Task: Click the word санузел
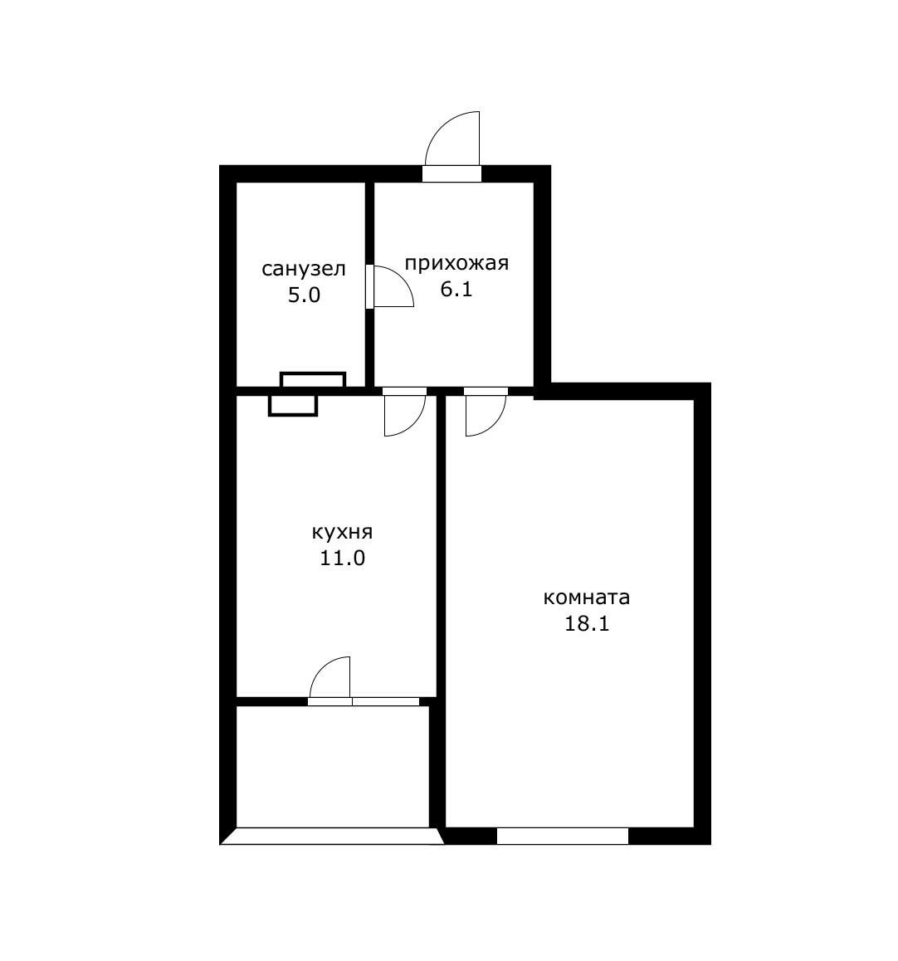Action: pyautogui.click(x=304, y=270)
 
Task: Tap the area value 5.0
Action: pyautogui.click(x=304, y=295)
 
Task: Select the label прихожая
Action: pyautogui.click(x=456, y=264)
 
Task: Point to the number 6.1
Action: pyautogui.click(x=456, y=290)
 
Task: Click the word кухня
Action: pyautogui.click(x=342, y=532)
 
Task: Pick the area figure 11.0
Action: pyautogui.click(x=343, y=558)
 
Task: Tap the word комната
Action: pyautogui.click(x=587, y=598)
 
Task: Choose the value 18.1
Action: pyautogui.click(x=587, y=624)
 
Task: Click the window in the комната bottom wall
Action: pyautogui.click(x=562, y=836)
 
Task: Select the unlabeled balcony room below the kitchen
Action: pyautogui.click(x=332, y=765)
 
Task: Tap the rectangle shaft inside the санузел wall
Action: pyautogui.click(x=313, y=380)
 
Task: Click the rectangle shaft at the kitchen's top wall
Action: pyautogui.click(x=293, y=405)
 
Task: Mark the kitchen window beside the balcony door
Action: pyautogui.click(x=385, y=701)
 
